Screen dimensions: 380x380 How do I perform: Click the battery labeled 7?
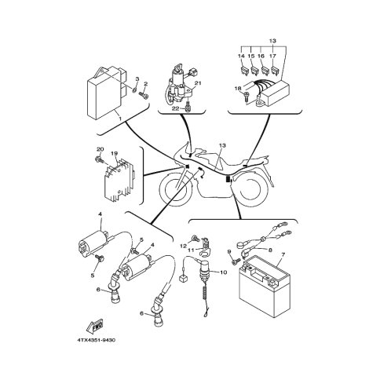(265, 287)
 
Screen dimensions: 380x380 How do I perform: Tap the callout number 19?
(113, 154)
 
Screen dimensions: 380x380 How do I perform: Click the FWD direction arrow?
(95, 326)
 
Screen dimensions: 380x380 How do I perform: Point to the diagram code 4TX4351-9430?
(96, 341)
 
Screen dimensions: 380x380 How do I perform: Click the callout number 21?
(198, 83)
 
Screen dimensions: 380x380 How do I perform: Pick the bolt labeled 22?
(187, 107)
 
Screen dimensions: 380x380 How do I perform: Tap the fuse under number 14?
(242, 70)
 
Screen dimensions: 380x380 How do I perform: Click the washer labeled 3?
(134, 90)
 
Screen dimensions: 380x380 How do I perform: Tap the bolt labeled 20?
(100, 159)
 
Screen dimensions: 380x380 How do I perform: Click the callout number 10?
(223, 272)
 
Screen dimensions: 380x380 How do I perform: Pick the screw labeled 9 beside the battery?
(236, 261)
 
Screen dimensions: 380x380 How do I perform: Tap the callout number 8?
(270, 250)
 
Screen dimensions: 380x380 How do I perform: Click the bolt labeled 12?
(196, 238)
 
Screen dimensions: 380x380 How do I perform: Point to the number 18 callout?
(237, 89)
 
